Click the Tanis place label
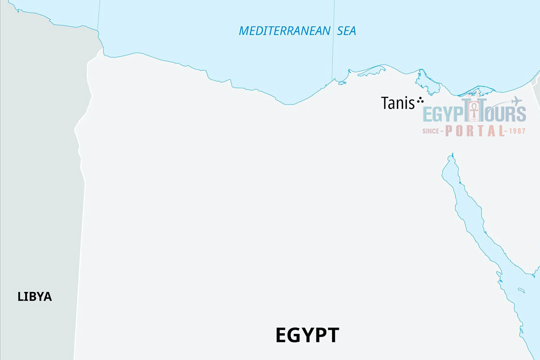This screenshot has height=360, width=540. pos(397,103)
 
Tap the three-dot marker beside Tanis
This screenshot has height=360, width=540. pos(420,101)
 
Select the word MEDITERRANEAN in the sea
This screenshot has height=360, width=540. pos(284,31)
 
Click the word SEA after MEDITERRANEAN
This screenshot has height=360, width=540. pos(346,31)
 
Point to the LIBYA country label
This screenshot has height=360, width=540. pos(35,297)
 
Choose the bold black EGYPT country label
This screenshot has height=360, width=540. pos(307,336)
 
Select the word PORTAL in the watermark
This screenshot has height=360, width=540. pos(475,131)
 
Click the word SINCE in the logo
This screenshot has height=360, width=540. pos(432,131)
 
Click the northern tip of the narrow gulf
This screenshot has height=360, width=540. pos(451,155)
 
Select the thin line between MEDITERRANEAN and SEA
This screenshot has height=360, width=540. pos(333,40)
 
